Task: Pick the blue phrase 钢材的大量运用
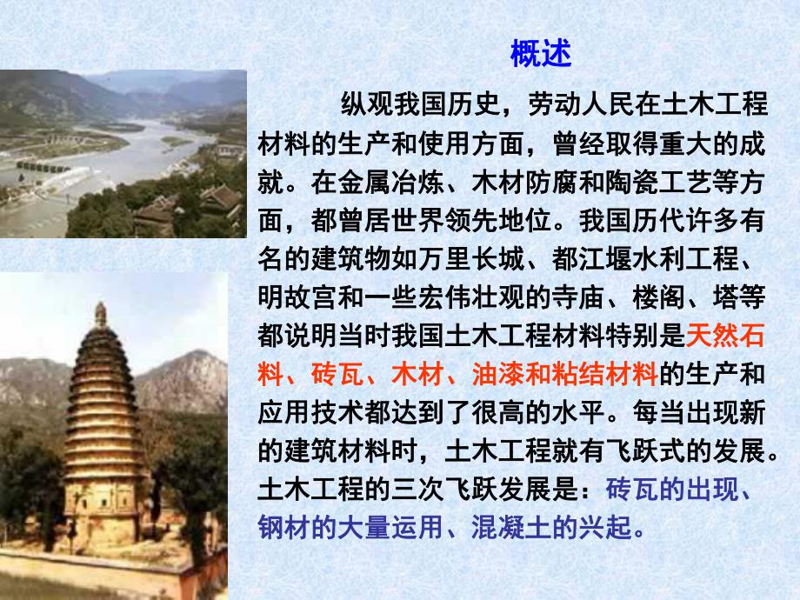[x=350, y=528]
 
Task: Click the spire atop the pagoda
[x=101, y=316]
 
